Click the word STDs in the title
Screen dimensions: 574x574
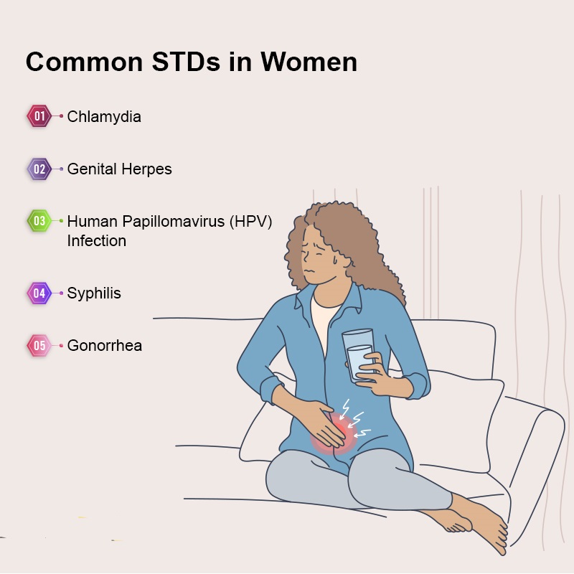click(x=186, y=62)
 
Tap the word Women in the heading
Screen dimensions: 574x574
click(x=309, y=62)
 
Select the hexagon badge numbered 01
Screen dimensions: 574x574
click(x=39, y=116)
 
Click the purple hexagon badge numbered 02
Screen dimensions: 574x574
click(x=39, y=169)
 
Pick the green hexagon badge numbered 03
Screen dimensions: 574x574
click(x=39, y=221)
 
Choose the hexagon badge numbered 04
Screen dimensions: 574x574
click(x=39, y=293)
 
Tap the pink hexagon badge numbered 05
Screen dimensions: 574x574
click(x=39, y=346)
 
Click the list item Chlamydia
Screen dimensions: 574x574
click(x=104, y=117)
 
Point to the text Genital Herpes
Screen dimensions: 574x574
click(x=119, y=169)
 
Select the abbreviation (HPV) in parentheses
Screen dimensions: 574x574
click(x=250, y=222)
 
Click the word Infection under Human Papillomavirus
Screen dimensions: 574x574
click(x=97, y=241)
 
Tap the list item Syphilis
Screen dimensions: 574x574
click(x=94, y=293)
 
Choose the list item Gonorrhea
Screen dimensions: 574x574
click(x=105, y=346)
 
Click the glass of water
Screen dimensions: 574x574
click(x=358, y=355)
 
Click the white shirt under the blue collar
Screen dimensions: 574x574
click(x=324, y=321)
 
